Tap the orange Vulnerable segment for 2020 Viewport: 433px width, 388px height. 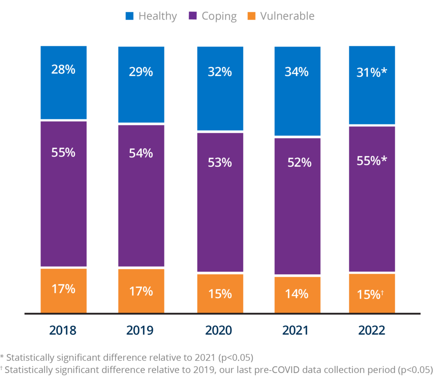coord(220,293)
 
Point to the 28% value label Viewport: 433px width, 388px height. coord(63,70)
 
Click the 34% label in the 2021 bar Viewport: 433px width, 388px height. coord(296,72)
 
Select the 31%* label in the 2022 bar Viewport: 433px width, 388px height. coord(372,73)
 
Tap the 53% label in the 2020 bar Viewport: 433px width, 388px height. coord(220,162)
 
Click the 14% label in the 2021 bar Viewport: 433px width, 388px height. coord(296,294)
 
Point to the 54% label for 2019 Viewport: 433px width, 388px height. coord(141,153)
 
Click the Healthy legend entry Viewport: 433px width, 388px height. coord(151,17)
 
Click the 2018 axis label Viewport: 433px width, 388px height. coord(63,330)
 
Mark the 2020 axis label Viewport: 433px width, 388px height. coord(220,330)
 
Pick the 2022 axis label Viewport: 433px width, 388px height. coord(372,330)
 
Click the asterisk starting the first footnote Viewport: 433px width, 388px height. coord(2,356)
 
